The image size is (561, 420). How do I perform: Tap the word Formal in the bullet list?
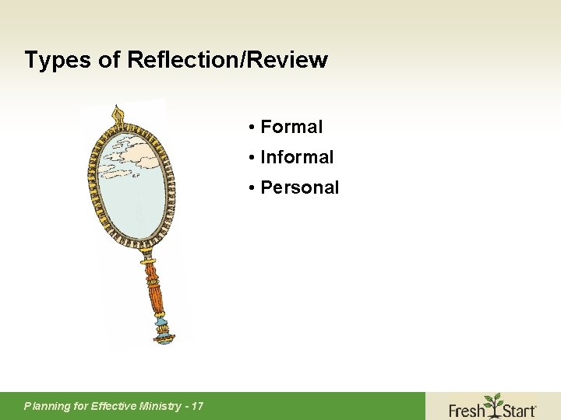pos(291,127)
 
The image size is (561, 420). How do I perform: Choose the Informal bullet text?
pos(297,157)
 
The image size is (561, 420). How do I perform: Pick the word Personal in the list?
pos(300,187)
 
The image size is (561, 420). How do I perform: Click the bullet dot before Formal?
pos(253,127)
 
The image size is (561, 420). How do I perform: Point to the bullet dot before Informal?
pos(253,157)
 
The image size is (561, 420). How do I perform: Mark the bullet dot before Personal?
pos(253,187)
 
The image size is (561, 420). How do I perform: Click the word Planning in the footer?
pos(47,405)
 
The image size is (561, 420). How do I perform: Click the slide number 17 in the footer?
pos(197,405)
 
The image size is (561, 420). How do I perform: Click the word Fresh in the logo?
pos(467,408)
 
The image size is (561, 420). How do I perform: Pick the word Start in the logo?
pos(518,408)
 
